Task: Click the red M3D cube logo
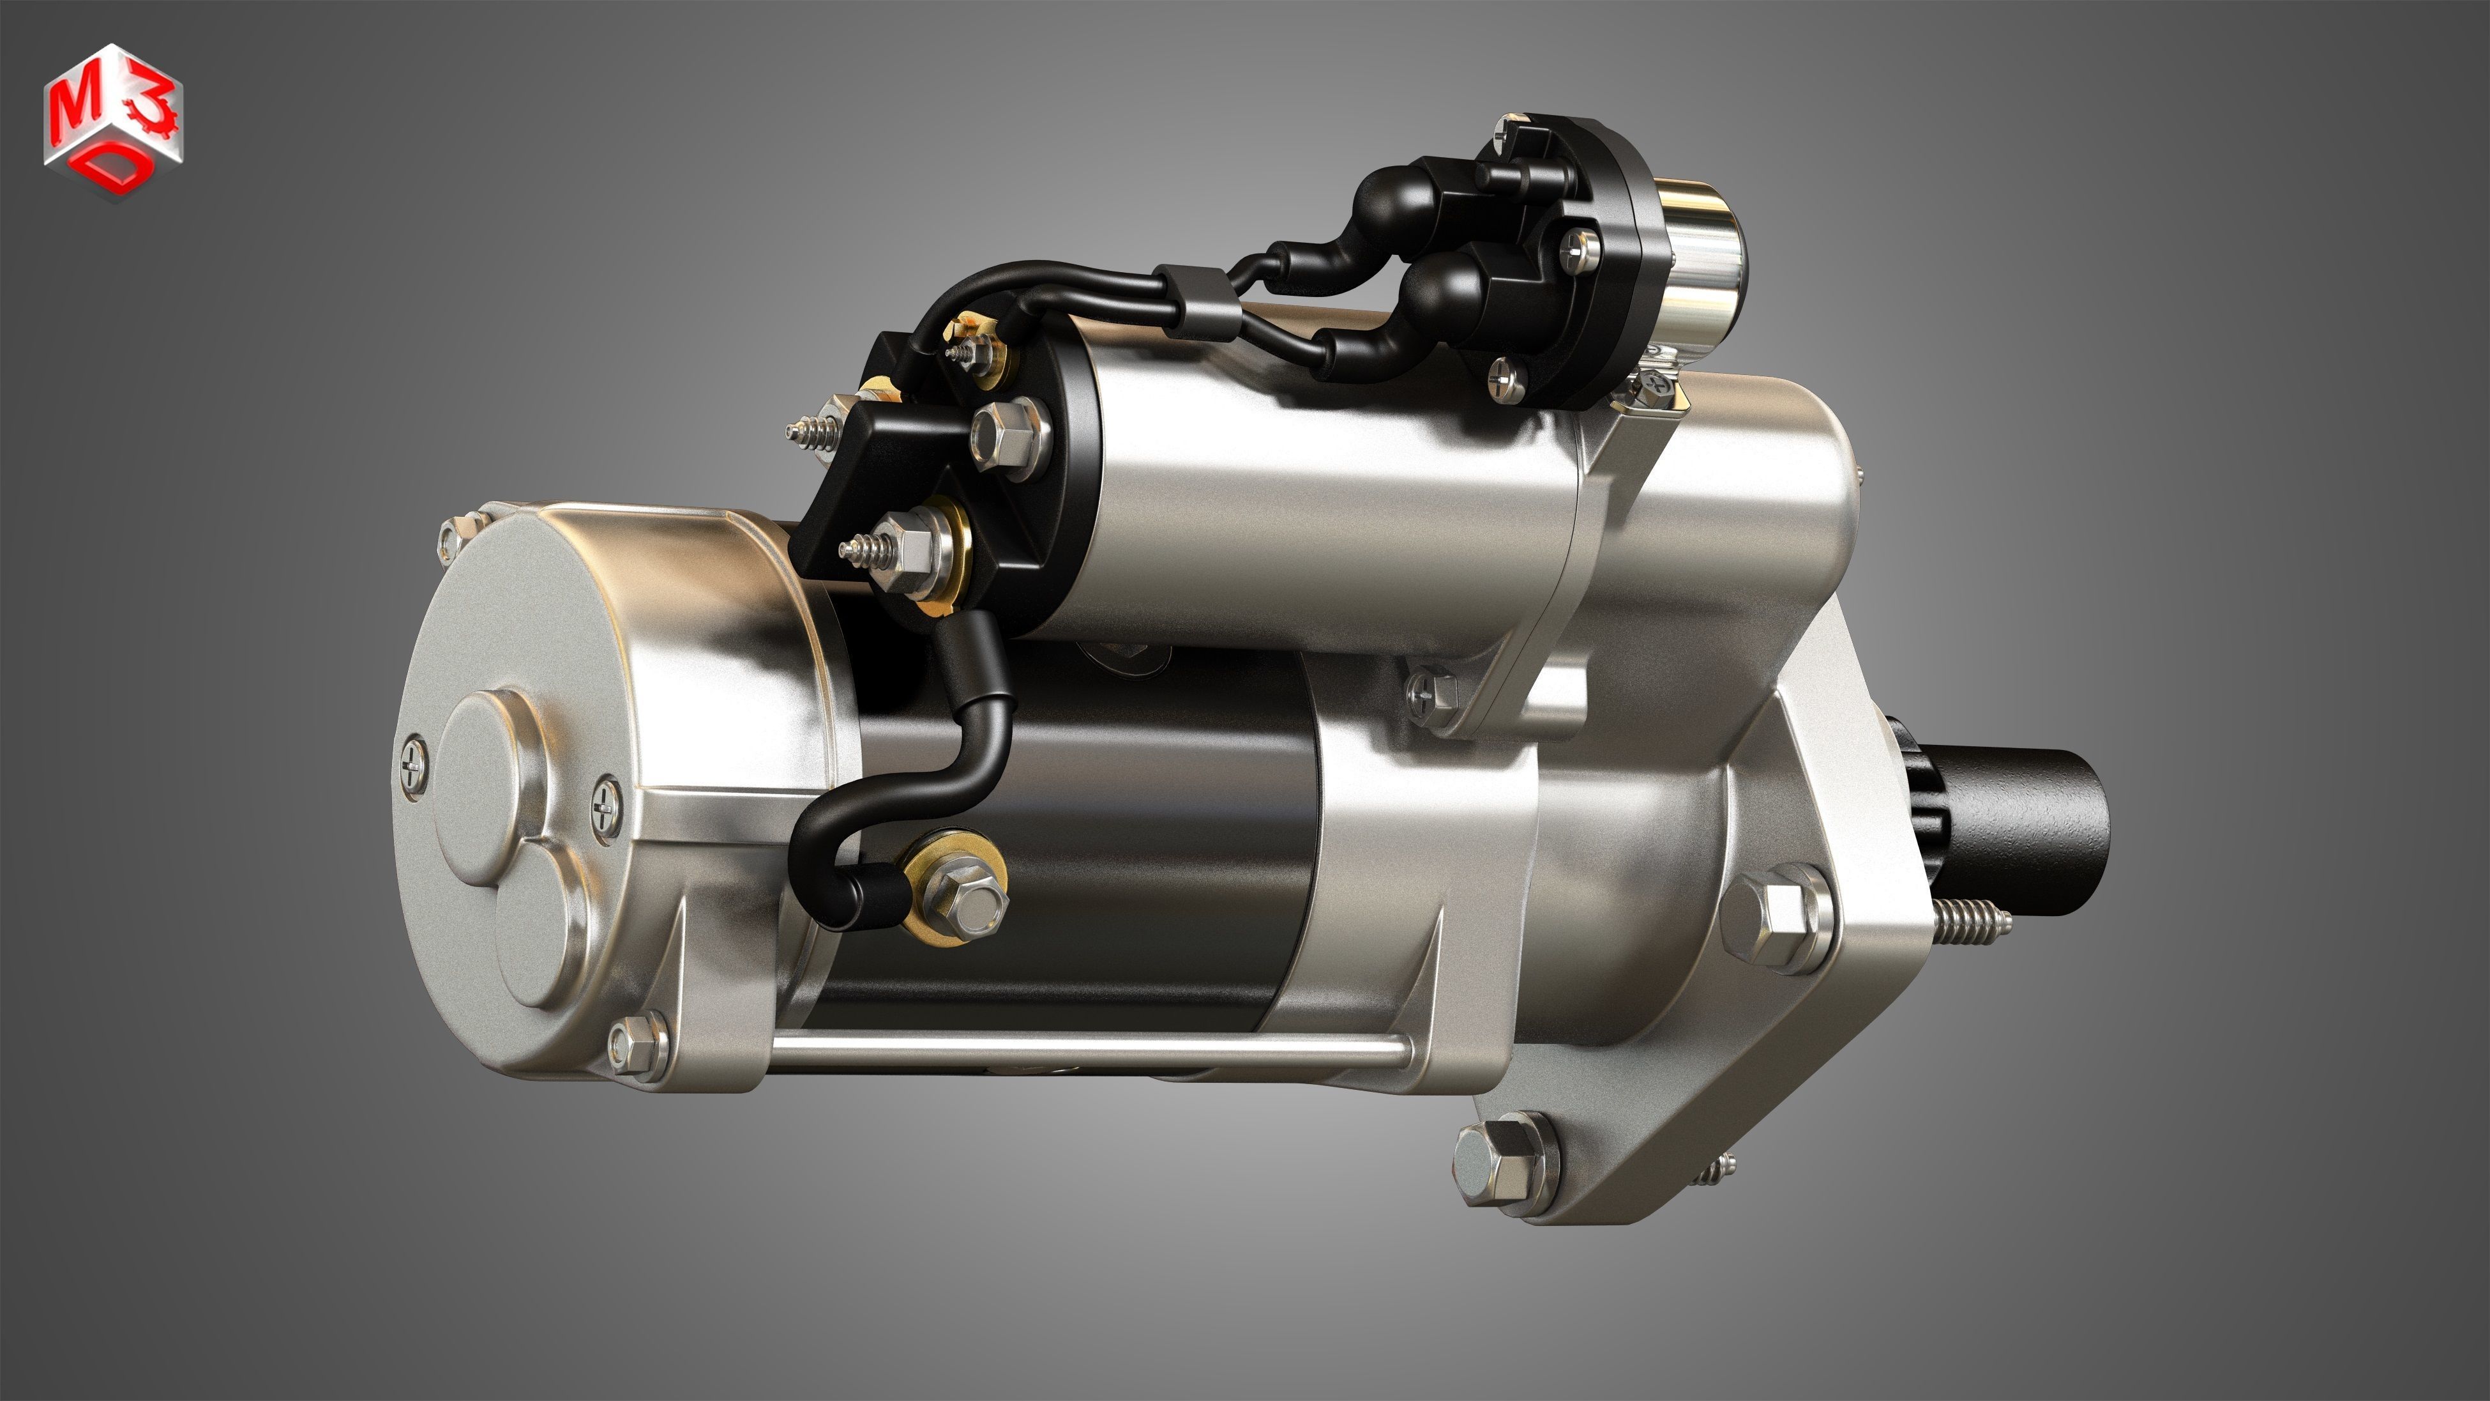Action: pyautogui.click(x=112, y=120)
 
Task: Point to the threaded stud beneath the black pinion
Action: pyautogui.click(x=1972, y=923)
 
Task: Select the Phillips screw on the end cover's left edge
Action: pyautogui.click(x=412, y=764)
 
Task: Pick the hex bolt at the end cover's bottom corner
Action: pyautogui.click(x=638, y=1046)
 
